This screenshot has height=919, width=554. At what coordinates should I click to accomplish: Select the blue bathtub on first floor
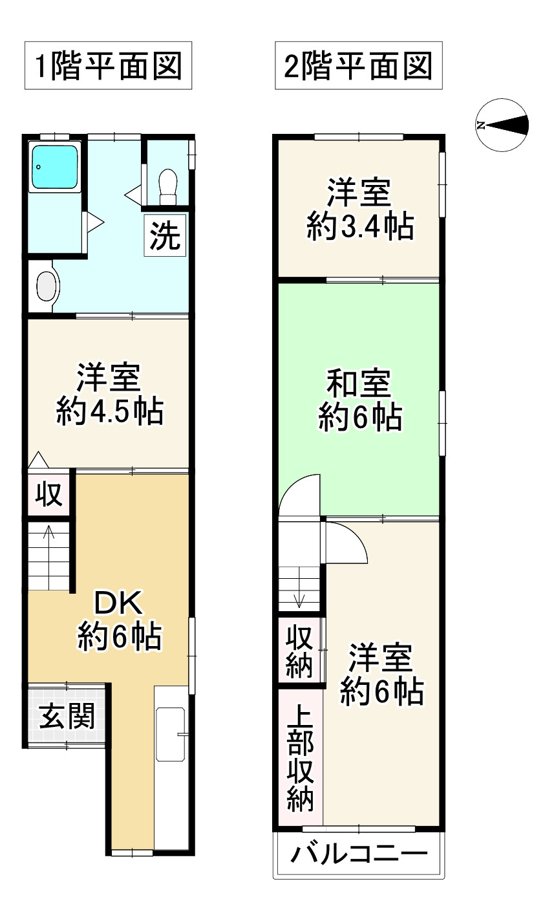point(54,167)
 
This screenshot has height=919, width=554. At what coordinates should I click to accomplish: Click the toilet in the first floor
point(167,182)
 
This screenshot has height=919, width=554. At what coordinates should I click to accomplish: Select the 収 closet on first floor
point(48,495)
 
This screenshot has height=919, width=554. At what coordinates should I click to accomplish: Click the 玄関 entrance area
point(67,716)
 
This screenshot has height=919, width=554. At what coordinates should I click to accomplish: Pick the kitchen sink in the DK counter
point(171,735)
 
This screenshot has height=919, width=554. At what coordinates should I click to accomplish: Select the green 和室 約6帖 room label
point(359,400)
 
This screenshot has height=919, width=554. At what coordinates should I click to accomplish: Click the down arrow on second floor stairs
point(299,594)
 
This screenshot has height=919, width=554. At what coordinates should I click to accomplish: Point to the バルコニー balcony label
point(359,854)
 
